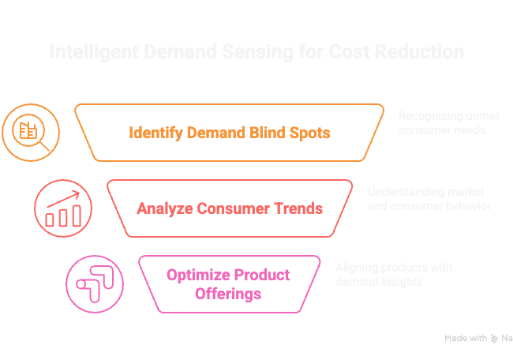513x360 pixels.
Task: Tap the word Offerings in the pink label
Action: pos(228,294)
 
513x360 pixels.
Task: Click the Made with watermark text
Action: pos(466,338)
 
